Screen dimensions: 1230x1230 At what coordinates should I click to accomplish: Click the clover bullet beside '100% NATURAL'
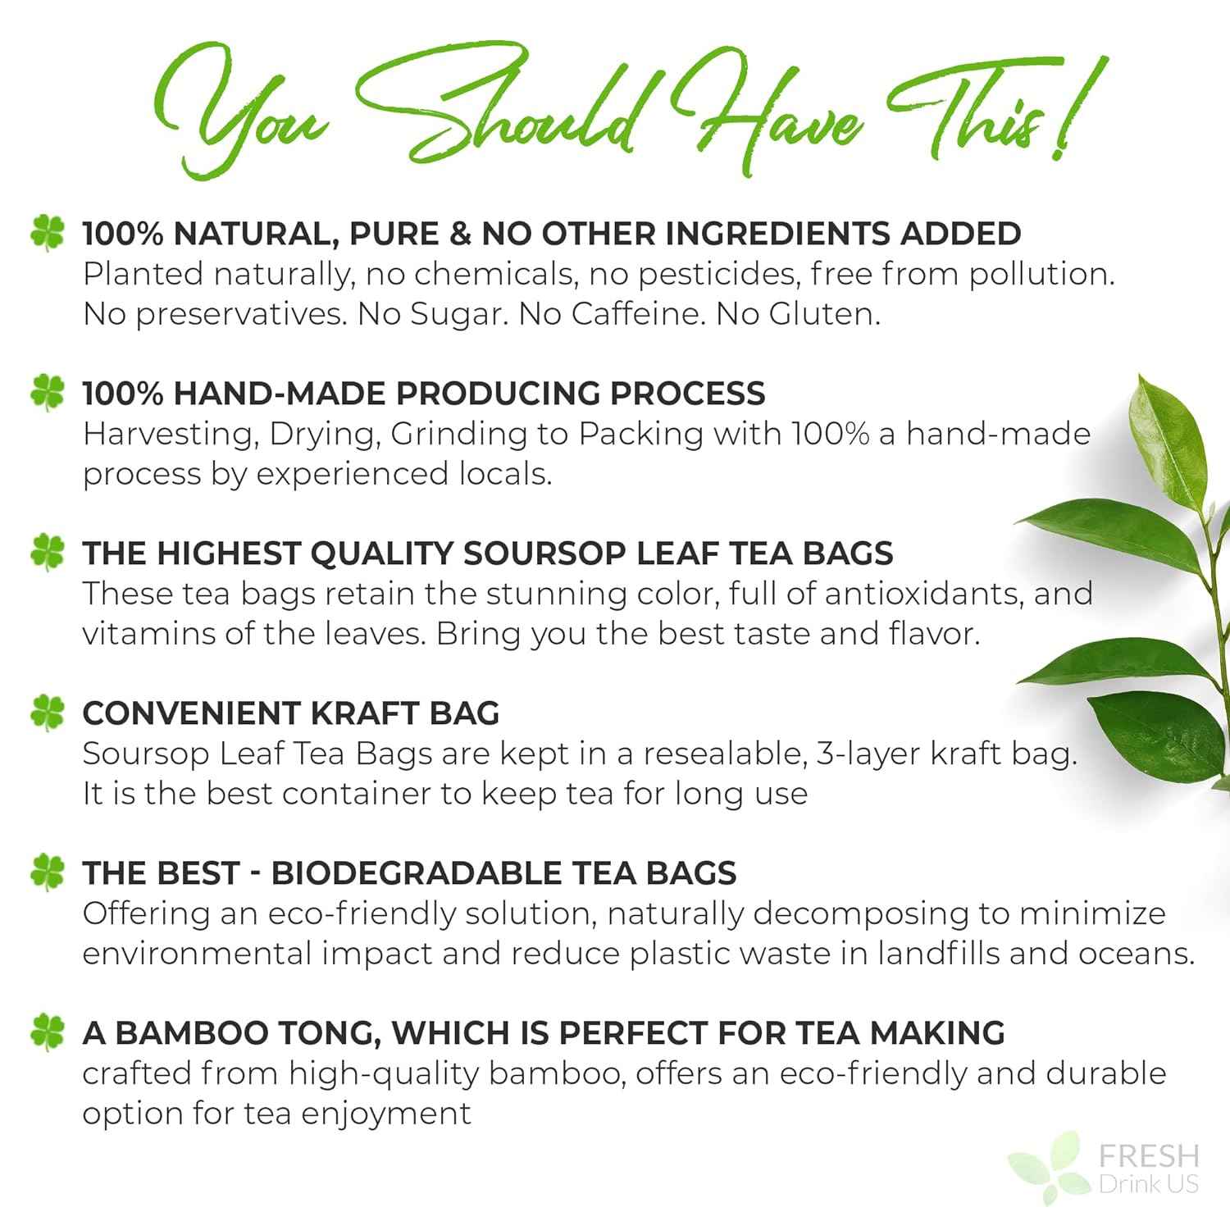coord(47,233)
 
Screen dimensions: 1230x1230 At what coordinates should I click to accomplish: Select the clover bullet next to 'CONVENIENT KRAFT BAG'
coord(47,713)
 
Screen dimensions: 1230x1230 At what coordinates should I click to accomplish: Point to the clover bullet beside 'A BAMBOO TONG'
coord(47,1032)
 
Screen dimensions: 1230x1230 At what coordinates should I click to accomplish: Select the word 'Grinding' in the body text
coord(459,434)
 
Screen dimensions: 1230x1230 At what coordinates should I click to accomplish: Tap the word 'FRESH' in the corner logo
coord(1148,1156)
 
